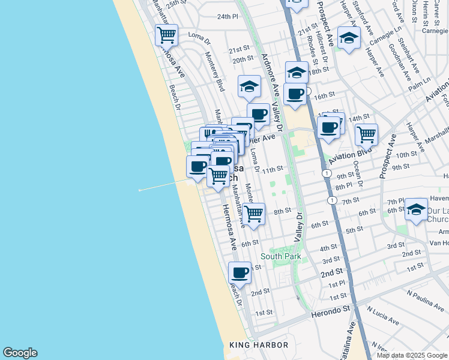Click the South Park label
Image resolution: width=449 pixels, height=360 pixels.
click(280, 257)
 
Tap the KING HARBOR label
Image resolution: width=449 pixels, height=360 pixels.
click(259, 345)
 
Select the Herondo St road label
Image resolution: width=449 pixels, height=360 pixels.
click(330, 311)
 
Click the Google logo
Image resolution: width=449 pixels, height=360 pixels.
click(20, 353)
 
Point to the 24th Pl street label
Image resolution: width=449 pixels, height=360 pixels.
click(228, 17)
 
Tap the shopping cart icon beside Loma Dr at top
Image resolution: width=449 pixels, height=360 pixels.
click(166, 34)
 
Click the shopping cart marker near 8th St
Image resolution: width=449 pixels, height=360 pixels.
click(254, 213)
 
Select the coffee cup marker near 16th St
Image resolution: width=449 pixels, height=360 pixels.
click(295, 94)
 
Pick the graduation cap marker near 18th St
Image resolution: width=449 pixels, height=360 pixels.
click(297, 73)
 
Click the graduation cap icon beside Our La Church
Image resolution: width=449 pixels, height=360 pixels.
click(416, 209)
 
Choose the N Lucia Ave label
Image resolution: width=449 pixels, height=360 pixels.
click(384, 316)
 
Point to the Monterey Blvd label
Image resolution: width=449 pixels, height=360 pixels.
click(214, 71)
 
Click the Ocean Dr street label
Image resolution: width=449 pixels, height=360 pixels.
click(358, 173)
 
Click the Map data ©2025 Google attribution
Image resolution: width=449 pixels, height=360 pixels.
click(412, 355)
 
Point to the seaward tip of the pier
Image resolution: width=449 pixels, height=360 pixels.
click(140, 190)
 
